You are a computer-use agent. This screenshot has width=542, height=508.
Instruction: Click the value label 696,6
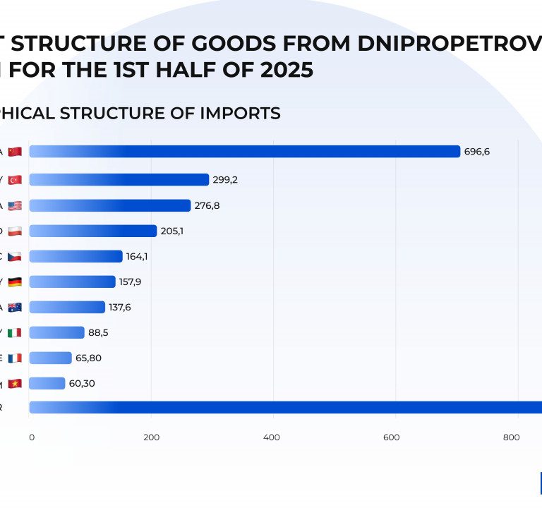coord(477,152)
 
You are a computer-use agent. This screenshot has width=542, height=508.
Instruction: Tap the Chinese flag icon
coord(15,152)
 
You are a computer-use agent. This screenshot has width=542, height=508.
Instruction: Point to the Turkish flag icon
coord(15,180)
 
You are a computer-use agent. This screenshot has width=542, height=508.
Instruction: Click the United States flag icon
coord(15,205)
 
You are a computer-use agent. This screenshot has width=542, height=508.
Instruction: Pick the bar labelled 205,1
coord(92,231)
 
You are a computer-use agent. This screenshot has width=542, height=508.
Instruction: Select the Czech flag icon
coord(15,256)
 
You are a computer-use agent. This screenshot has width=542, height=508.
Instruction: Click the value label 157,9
coord(130,282)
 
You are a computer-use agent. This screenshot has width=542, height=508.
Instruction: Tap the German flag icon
coord(15,282)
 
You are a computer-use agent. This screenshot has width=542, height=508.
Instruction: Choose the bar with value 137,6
coord(67,307)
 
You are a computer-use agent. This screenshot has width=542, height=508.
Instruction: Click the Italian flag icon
coord(15,332)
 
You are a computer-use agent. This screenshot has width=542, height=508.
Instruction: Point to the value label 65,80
coord(89,358)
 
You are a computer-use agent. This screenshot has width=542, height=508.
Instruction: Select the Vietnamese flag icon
coord(15,383)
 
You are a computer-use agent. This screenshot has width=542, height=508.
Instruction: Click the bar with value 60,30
coord(47,383)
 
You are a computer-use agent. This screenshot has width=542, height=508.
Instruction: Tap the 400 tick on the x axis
coord(271,437)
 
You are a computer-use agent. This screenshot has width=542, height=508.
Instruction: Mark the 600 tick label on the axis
coord(392,437)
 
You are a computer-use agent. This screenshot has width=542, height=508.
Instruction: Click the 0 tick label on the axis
coord(31,437)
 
